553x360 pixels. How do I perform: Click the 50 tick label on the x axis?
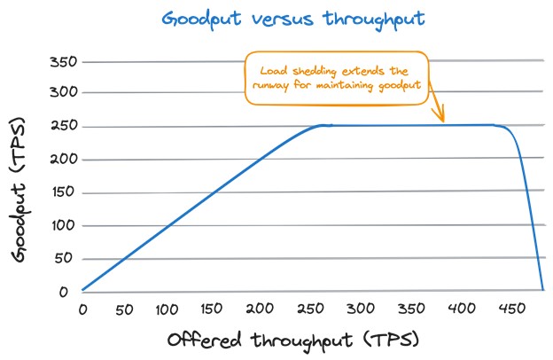[126, 309]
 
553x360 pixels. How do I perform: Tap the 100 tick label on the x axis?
[168, 309]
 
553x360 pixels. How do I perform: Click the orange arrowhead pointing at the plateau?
[441, 118]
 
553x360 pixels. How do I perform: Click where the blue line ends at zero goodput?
[542, 289]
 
